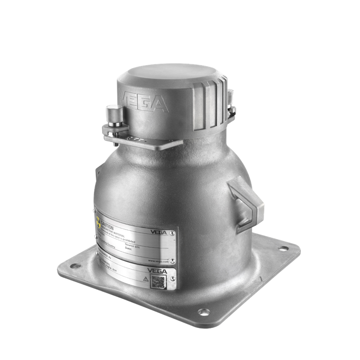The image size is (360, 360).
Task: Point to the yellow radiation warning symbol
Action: click(98, 223)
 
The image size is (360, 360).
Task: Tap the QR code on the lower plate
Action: click(158, 282)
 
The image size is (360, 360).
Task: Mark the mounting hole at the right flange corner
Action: click(284, 247)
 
